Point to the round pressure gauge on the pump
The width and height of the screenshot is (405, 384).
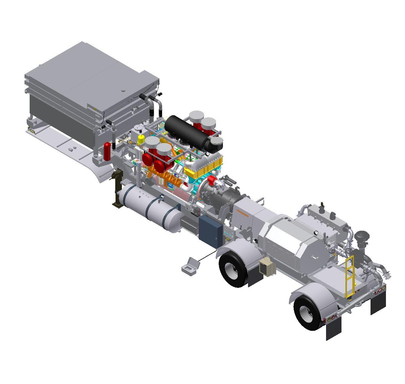point(316,233)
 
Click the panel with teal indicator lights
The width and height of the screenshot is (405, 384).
point(228,234)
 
